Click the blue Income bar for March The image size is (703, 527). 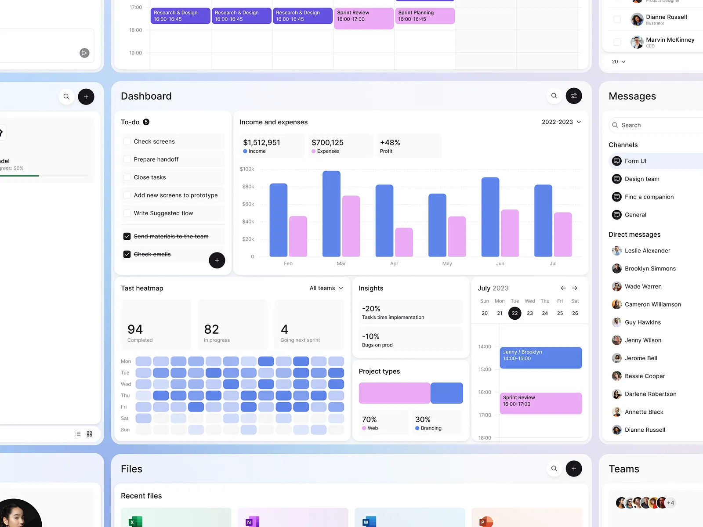click(331, 214)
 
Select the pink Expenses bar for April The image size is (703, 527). click(404, 242)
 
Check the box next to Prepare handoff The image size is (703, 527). click(127, 159)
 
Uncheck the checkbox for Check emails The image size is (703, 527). click(127, 254)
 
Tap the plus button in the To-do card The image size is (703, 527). click(217, 260)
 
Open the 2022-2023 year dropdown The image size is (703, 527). click(561, 122)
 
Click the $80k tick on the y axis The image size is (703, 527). click(248, 187)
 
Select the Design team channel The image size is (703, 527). click(641, 179)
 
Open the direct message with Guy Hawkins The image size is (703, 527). click(642, 322)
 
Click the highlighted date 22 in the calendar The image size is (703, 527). click(515, 313)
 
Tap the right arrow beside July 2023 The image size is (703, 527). click(575, 288)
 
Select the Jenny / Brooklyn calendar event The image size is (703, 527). click(540, 358)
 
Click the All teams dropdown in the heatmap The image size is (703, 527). click(326, 288)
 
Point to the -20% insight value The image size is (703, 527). click(371, 309)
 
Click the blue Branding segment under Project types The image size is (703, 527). click(446, 393)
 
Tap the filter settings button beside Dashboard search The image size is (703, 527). click(573, 96)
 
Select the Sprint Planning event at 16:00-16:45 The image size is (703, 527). click(424, 16)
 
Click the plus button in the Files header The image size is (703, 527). click(573, 469)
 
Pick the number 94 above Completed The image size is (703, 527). click(135, 329)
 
